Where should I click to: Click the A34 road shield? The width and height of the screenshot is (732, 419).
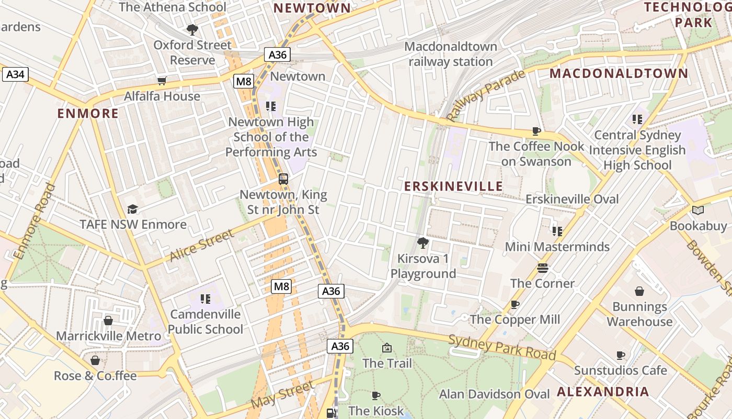tap(15, 74)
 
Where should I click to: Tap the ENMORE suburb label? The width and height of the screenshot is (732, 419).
tap(88, 114)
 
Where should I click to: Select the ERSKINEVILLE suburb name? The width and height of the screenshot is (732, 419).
tap(453, 186)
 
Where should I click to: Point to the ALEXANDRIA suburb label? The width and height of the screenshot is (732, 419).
tap(603, 391)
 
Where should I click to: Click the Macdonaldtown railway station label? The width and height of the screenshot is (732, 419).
tap(451, 54)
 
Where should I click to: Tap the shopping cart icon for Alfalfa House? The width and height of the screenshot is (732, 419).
tap(162, 81)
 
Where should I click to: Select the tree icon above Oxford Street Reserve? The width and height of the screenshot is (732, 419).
tap(192, 29)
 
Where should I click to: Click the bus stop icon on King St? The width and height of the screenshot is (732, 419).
tap(283, 179)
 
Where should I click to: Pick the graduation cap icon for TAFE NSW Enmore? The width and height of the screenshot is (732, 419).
tap(132, 210)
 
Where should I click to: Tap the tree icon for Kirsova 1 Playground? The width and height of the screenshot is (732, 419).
tap(422, 243)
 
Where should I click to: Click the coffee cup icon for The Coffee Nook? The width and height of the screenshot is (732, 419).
tap(536, 131)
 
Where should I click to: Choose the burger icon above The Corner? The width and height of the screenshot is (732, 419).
tap(543, 268)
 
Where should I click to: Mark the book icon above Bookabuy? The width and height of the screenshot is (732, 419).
tap(698, 211)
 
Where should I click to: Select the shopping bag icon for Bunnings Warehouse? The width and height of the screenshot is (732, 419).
tap(639, 291)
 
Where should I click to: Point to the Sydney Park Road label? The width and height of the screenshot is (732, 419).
tap(502, 346)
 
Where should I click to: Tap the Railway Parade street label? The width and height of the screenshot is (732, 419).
tap(486, 96)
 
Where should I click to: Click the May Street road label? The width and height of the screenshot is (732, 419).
tap(282, 395)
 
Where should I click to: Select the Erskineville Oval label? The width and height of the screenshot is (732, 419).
tap(572, 199)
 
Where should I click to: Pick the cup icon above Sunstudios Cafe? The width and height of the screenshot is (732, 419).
tap(621, 355)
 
